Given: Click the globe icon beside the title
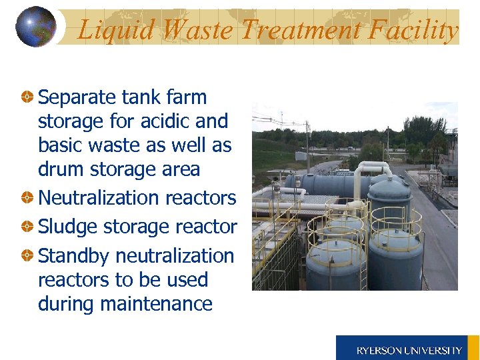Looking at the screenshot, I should [x=35, y=27].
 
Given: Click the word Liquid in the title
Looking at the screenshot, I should [x=117, y=30].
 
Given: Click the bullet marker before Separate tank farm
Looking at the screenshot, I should [x=28, y=98].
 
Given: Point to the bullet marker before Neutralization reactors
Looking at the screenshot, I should [x=28, y=199].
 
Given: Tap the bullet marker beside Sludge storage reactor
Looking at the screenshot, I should [x=28, y=227].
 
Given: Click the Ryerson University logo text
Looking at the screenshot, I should [x=409, y=350].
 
